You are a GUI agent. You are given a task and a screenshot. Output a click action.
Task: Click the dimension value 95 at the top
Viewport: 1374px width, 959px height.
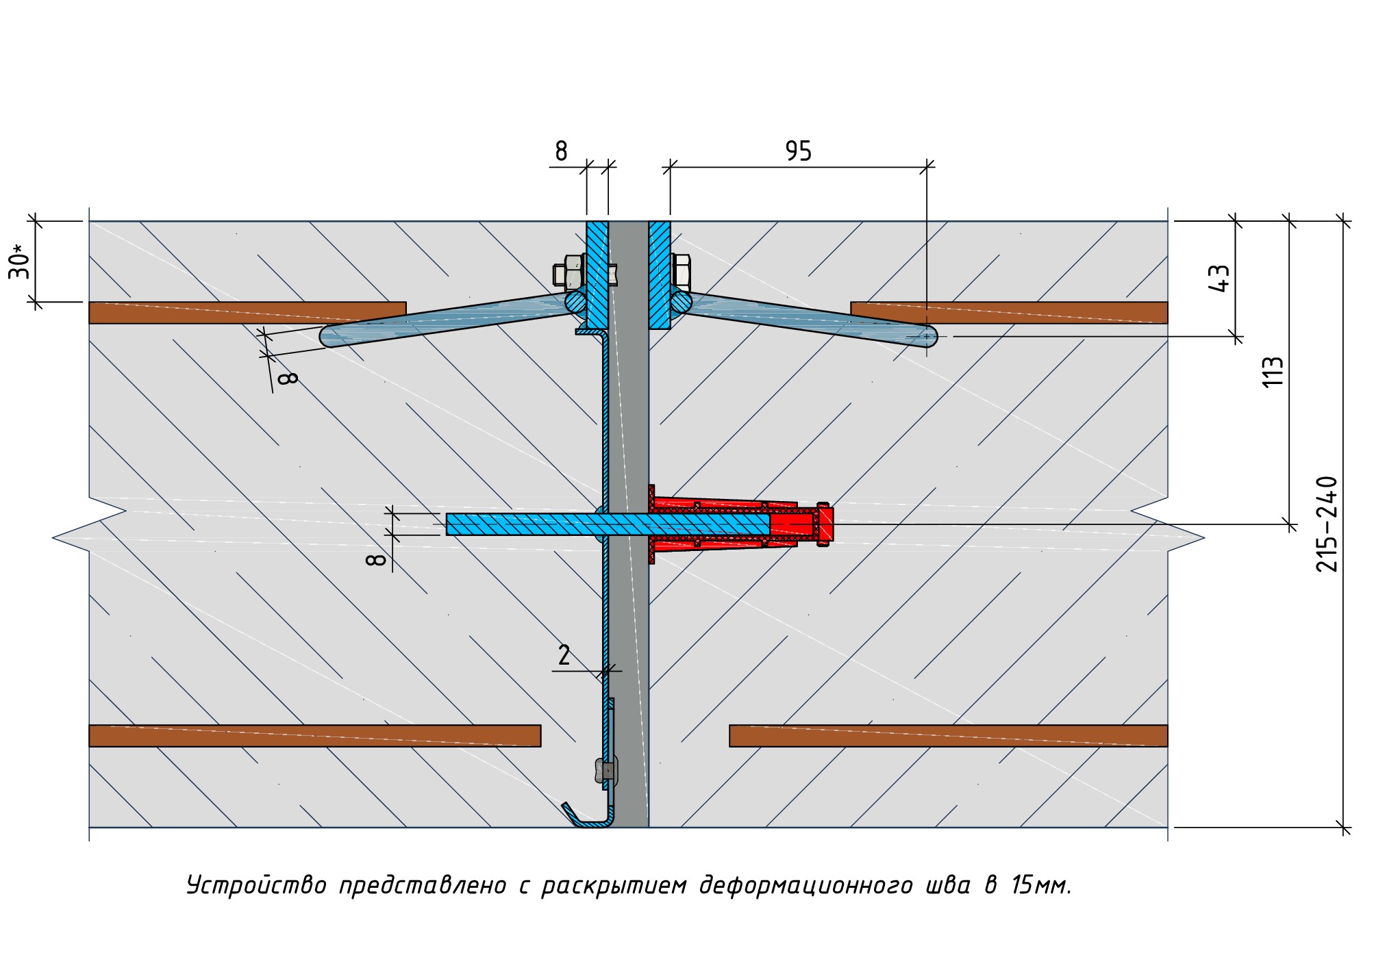click(x=798, y=151)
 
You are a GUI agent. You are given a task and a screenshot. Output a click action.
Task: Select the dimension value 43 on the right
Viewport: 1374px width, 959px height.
click(x=1220, y=278)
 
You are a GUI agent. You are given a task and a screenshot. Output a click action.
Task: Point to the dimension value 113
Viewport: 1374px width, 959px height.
click(x=1272, y=372)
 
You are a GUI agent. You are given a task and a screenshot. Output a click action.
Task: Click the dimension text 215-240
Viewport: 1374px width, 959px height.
click(x=1327, y=524)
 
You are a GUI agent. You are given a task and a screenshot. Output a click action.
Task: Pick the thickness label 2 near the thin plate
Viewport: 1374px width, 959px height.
click(x=564, y=656)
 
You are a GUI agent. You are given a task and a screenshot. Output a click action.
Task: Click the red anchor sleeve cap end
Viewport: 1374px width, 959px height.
click(x=824, y=524)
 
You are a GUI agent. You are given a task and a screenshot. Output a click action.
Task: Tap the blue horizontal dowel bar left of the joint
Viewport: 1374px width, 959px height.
click(x=521, y=524)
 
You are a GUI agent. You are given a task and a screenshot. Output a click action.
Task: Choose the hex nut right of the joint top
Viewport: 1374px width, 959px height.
click(x=682, y=271)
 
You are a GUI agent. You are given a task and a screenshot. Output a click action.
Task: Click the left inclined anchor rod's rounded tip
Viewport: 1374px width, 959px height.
click(x=330, y=336)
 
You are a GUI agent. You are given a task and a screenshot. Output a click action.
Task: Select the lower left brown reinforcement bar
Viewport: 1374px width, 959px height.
click(x=314, y=735)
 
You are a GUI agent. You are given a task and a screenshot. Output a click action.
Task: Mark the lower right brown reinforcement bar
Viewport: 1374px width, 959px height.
click(x=948, y=735)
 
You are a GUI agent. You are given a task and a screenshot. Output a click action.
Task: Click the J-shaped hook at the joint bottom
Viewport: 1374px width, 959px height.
click(x=589, y=818)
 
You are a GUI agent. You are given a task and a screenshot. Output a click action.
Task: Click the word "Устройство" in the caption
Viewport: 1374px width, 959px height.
click(x=257, y=885)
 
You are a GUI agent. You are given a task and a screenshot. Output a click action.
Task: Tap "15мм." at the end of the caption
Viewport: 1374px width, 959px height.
click(x=1040, y=885)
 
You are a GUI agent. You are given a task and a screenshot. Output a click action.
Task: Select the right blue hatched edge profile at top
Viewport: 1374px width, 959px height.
click(x=660, y=274)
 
